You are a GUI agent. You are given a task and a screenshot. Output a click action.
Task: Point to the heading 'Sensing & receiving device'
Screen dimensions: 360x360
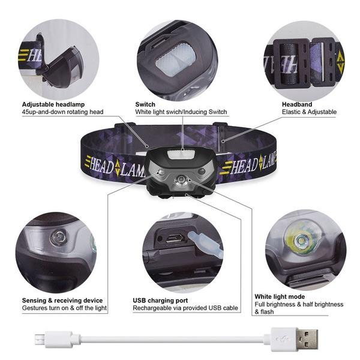62,301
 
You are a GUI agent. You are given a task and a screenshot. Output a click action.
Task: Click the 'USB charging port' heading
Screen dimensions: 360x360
160,301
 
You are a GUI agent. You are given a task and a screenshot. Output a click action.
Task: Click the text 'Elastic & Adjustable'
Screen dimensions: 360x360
309,112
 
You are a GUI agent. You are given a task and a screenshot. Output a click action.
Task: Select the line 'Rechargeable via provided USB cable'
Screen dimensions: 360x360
185,308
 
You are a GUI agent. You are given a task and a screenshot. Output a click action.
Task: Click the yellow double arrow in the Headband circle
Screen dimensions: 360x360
340,62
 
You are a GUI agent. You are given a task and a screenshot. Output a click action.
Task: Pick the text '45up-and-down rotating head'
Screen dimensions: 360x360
63,112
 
